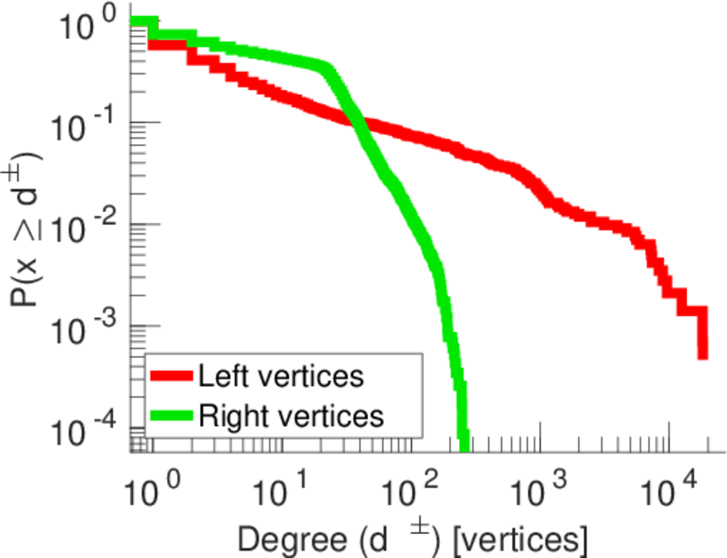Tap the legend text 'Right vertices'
click(x=291, y=416)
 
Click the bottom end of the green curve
click(x=463, y=445)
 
